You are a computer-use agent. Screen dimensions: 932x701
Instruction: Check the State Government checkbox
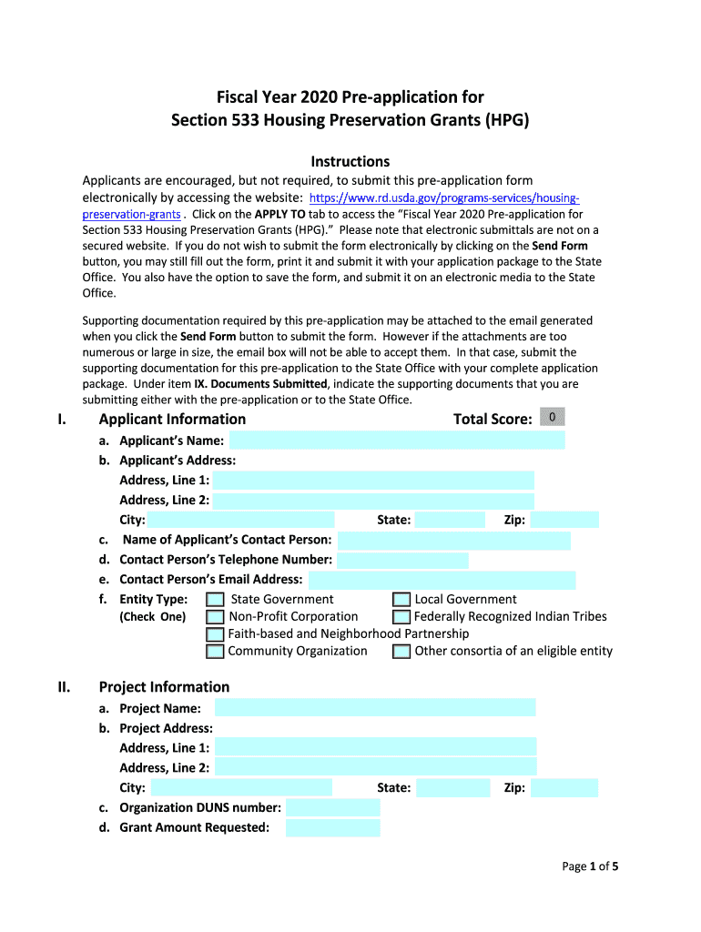click(215, 600)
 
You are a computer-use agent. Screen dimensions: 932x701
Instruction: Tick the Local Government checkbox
click(401, 600)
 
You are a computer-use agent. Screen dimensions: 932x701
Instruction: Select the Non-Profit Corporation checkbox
click(215, 617)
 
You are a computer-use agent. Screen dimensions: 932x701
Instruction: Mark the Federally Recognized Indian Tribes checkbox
click(401, 617)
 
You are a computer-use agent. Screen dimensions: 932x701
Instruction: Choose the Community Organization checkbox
click(215, 652)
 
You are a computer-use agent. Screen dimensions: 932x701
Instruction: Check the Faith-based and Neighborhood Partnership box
click(215, 634)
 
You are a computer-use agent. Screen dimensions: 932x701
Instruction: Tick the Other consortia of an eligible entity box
click(401, 652)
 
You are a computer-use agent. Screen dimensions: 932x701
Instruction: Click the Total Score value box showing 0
click(552, 418)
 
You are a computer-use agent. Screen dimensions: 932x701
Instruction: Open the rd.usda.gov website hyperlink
click(444, 198)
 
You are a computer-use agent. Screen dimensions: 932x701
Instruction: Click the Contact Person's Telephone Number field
click(402, 561)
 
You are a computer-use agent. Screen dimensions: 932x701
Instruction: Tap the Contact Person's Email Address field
click(442, 580)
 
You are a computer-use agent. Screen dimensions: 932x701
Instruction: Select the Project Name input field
click(375, 708)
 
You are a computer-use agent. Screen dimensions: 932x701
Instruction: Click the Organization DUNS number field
click(332, 807)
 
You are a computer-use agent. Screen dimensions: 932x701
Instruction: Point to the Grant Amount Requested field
click(332, 827)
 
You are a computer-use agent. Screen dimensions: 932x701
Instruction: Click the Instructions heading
click(350, 162)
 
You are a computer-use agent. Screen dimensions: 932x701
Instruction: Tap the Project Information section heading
click(164, 687)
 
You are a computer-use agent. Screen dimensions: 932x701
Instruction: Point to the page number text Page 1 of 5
click(590, 866)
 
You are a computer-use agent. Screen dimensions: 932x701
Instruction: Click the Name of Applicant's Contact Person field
click(453, 541)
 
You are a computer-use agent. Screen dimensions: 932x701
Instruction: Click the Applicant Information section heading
click(172, 420)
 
